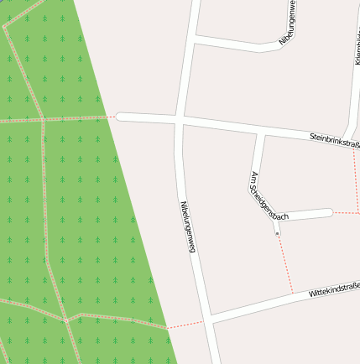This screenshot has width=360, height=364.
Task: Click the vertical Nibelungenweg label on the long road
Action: click(188, 226)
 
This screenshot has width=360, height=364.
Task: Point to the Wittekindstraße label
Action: click(334, 290)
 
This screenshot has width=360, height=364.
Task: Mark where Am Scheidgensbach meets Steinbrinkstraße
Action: click(261, 134)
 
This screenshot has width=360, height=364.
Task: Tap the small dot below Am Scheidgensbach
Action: click(277, 232)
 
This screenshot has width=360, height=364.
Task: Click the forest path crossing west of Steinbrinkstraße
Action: click(42, 120)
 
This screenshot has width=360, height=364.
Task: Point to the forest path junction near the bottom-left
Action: click(65, 320)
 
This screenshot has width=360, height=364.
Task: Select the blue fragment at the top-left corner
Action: click(2, 2)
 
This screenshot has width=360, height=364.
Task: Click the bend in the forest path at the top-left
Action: click(5, 27)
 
